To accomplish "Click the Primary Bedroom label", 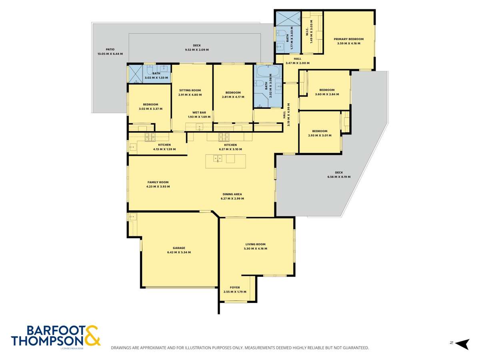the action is tap(348, 39).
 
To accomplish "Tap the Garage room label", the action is tap(179, 248).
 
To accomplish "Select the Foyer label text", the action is tap(235, 288).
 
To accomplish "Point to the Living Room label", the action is tap(255, 244).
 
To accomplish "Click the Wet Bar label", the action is tap(199, 112).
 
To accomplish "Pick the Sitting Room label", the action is tap(190, 90).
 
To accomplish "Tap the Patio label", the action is tap(110, 49).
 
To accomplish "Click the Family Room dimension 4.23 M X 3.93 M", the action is tap(158, 187).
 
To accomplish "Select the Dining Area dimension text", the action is tap(232, 199).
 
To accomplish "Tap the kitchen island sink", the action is tap(218, 158).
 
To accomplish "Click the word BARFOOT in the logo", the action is tap(56, 331).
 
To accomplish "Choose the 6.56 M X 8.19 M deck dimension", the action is tap(339, 177).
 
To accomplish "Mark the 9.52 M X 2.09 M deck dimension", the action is tap(197, 50).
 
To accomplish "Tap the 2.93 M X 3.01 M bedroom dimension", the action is tap(320, 136).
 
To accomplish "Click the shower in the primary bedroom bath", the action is tap(288, 18).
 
